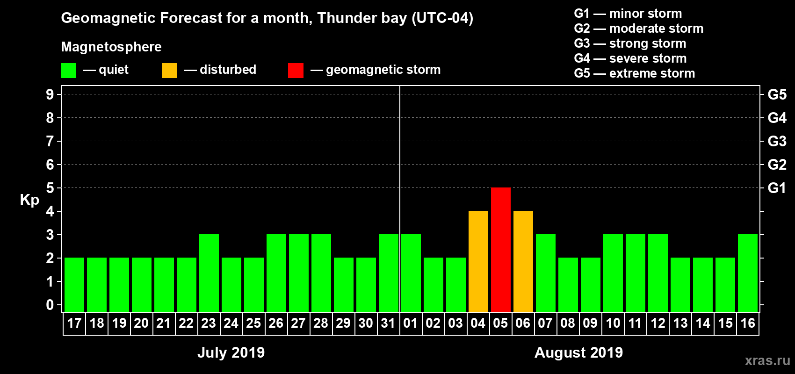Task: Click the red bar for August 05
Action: coord(500,250)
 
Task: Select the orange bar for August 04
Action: coord(478,261)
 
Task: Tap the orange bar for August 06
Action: coord(523,261)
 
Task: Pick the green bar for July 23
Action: coord(209,273)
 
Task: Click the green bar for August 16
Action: coord(747,273)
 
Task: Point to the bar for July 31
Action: coord(388,273)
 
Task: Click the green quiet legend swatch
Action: coord(68,71)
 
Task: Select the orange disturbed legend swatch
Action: coord(169,71)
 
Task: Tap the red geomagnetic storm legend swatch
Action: coord(296,71)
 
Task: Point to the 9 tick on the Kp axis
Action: coord(50,94)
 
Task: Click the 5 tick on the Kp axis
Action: coord(50,188)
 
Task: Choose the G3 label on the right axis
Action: coord(777,141)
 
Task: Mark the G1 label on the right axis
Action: coord(777,188)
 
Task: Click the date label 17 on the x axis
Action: coord(74,323)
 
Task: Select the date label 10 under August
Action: coord(613,323)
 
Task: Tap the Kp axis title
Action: coord(29,200)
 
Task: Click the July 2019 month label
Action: coord(231,352)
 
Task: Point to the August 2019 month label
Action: coord(578,352)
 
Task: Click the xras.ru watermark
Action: coord(767,360)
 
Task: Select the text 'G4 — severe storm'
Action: coord(630,58)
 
